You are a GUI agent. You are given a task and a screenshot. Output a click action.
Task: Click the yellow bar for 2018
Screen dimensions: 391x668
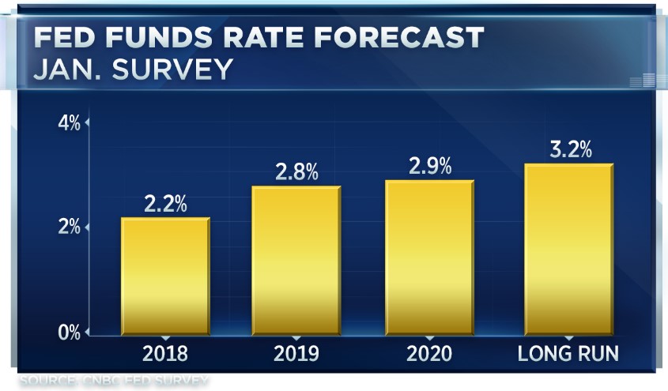point(165,275)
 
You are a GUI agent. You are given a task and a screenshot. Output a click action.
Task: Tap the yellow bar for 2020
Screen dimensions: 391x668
point(428,257)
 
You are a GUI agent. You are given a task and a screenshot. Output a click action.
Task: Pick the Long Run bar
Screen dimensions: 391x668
point(568,248)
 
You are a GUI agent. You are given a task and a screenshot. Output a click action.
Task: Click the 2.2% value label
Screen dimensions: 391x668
point(165,204)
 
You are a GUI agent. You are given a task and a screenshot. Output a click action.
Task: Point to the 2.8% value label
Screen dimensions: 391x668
point(296,173)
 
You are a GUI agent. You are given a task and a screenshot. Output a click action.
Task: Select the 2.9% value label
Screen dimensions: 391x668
point(429,167)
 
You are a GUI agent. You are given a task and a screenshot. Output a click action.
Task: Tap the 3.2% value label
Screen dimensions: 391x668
point(569,149)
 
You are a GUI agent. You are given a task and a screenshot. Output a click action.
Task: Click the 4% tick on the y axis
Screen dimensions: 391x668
point(70,123)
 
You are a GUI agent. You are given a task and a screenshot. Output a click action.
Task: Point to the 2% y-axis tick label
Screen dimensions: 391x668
point(70,227)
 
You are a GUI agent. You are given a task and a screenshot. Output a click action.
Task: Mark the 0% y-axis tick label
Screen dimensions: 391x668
point(70,332)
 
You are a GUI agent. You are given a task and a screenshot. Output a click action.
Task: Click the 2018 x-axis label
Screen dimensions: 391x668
point(165,353)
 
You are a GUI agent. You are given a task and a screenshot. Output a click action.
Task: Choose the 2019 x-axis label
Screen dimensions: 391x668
point(296,353)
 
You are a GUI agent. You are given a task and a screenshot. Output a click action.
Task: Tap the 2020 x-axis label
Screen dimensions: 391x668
point(429,353)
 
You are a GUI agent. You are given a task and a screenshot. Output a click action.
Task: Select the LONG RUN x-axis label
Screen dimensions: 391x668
point(568,353)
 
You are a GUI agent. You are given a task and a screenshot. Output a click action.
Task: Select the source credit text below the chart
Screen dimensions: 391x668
point(115,382)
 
